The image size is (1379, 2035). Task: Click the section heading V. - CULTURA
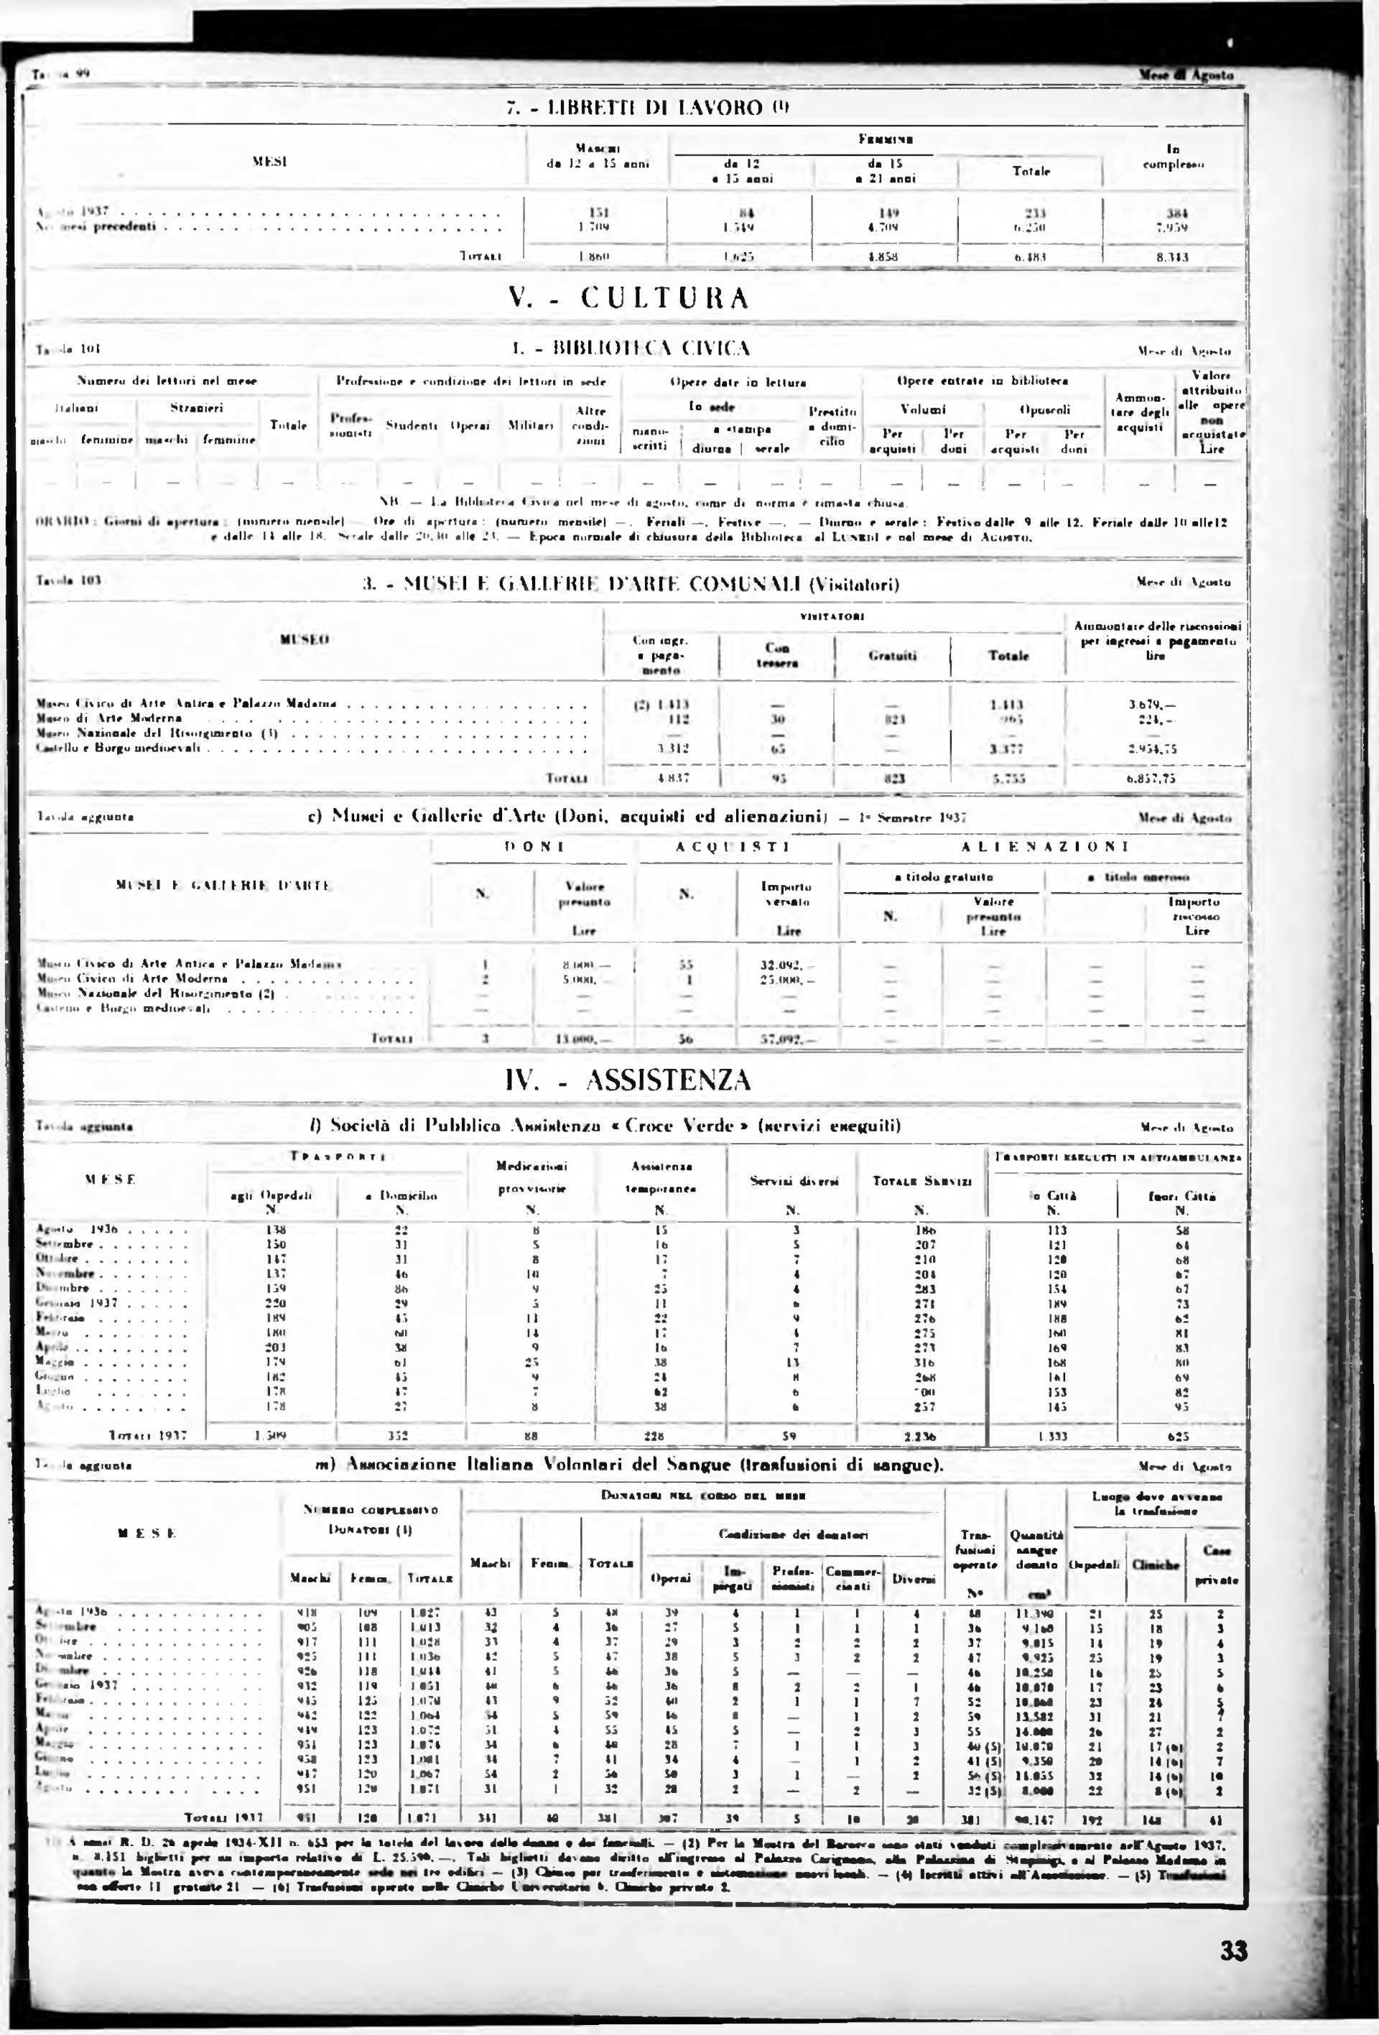pyautogui.click(x=628, y=299)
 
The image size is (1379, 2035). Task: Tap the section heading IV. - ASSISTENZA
pyautogui.click(x=628, y=1080)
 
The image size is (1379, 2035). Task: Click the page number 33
pyautogui.click(x=1232, y=1952)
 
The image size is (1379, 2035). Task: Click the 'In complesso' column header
pyautogui.click(x=1172, y=157)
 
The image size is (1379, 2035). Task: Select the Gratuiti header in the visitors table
pyautogui.click(x=891, y=655)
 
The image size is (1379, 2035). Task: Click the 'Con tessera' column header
pyautogui.click(x=776, y=655)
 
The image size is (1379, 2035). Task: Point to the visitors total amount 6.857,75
pyautogui.click(x=1151, y=777)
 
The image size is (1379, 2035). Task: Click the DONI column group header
pyautogui.click(x=534, y=847)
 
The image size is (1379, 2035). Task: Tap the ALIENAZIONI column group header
pyautogui.click(x=1044, y=847)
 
